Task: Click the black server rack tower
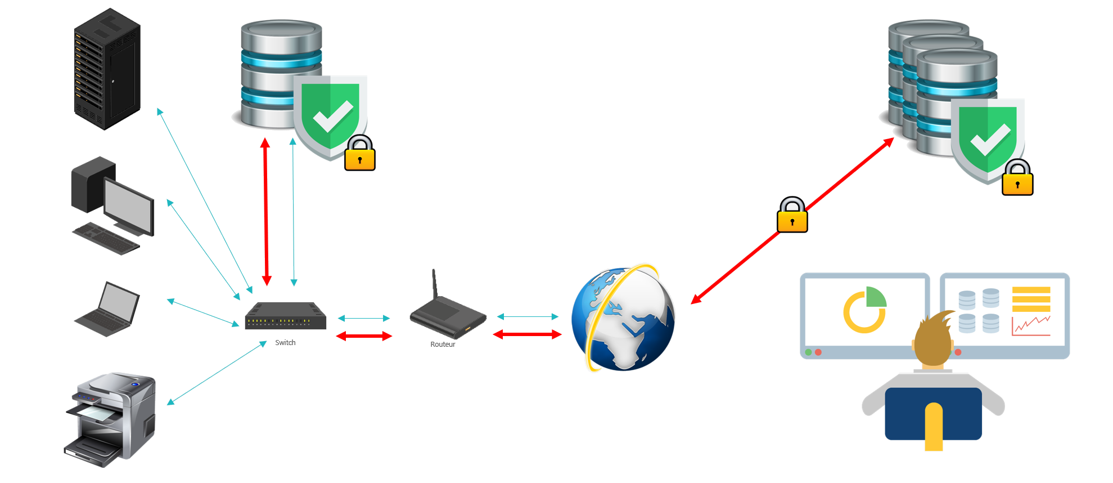pyautogui.click(x=107, y=69)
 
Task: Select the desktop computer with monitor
pyautogui.click(x=112, y=205)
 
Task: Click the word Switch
pyautogui.click(x=285, y=342)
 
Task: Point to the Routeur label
pyautogui.click(x=443, y=344)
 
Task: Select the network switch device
pyautogui.click(x=286, y=317)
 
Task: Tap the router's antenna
pyautogui.click(x=434, y=284)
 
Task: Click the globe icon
pyautogui.click(x=623, y=319)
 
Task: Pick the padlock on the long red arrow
pyautogui.click(x=792, y=215)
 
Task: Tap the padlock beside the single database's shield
pyautogui.click(x=360, y=153)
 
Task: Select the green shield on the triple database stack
pyautogui.click(x=987, y=138)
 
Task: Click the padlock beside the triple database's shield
pyautogui.click(x=1017, y=178)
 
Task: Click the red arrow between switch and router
pyautogui.click(x=364, y=336)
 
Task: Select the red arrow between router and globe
pyautogui.click(x=527, y=334)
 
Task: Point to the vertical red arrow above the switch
pyautogui.click(x=266, y=211)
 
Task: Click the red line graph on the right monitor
pyautogui.click(x=1031, y=325)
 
